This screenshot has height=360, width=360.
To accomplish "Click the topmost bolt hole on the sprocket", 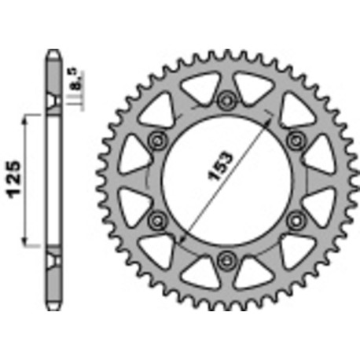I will tap(228, 99).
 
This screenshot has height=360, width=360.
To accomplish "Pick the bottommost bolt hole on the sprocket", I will tap(228, 258).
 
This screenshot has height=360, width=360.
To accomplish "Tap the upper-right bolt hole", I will tap(296, 139).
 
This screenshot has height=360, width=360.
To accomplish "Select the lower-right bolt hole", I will tap(296, 219).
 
